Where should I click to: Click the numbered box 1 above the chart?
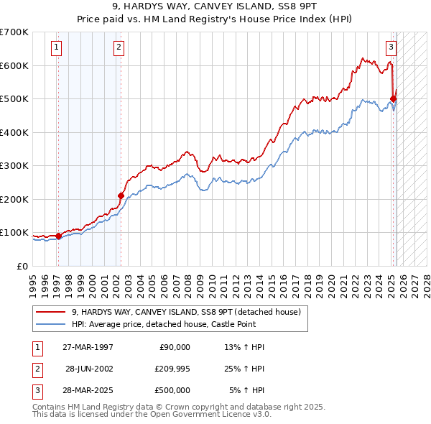(x=56, y=48)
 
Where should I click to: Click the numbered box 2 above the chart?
(x=119, y=48)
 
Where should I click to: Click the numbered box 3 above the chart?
(x=391, y=48)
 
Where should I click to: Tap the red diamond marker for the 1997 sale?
(x=58, y=236)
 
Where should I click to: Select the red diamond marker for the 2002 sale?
(x=121, y=195)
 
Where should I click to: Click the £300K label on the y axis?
(x=14, y=165)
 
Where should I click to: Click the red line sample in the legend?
(x=51, y=313)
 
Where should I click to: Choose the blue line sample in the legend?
(x=51, y=324)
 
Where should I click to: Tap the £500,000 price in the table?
(x=172, y=390)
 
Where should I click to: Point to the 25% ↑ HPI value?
(x=245, y=369)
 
